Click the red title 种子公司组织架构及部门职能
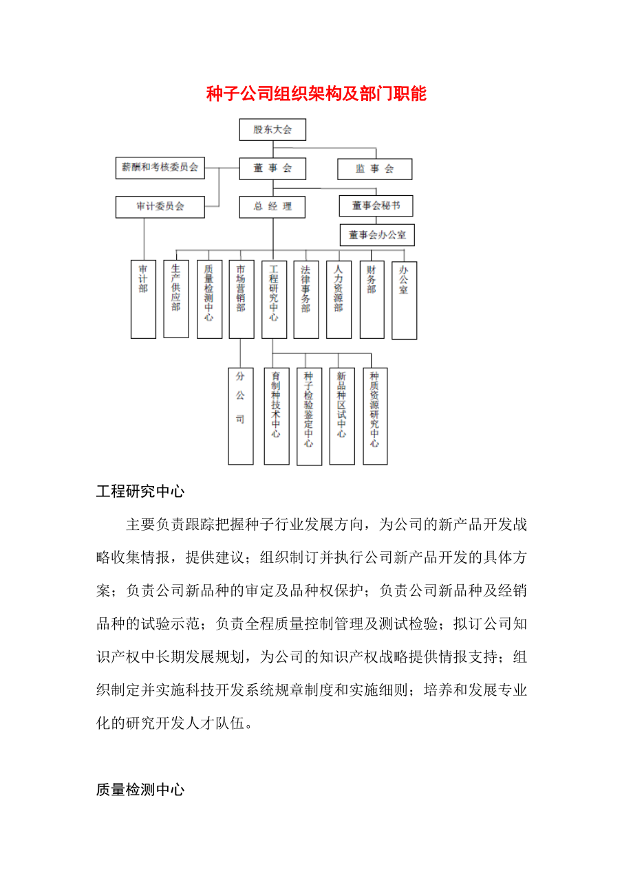pos(316,94)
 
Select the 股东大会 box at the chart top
pos(272,129)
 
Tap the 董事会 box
pos(272,168)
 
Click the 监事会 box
pos(374,169)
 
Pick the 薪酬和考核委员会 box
pos(160,167)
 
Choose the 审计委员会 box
pos(160,206)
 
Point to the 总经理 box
pos(272,206)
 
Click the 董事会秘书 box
pos(376,206)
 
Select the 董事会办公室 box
pos(377,235)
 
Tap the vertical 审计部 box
pos(143,299)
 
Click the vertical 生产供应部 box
pos(176,298)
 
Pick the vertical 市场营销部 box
pos(241,299)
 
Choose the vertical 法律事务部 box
pos(306,299)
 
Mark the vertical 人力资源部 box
pos(339,299)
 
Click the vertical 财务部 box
pos(372,299)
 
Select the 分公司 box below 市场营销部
pos(240,415)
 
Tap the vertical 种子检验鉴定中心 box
pos(309,416)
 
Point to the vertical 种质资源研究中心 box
pos(375,415)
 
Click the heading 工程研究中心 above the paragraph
pos(140,491)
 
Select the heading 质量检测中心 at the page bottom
pos(140,790)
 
